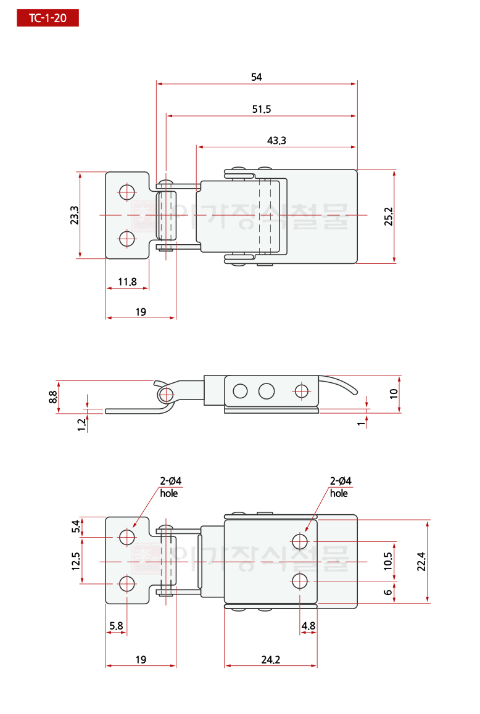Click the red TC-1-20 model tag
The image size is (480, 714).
click(x=48, y=18)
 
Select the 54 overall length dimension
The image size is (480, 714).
click(x=257, y=77)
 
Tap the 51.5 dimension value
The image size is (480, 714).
click(x=262, y=109)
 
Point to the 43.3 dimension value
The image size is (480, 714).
click(x=276, y=141)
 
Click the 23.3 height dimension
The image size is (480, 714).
click(x=74, y=216)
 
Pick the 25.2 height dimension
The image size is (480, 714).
click(x=389, y=216)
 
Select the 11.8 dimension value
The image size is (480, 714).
click(x=127, y=282)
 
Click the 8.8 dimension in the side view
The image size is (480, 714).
click(x=54, y=396)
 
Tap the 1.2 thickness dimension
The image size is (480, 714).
click(x=81, y=424)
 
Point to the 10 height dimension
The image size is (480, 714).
click(x=395, y=394)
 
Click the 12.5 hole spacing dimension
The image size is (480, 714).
click(x=76, y=560)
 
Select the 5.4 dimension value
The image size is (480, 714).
click(x=76, y=527)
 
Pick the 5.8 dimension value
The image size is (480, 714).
click(x=116, y=626)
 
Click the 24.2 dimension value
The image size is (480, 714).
click(x=270, y=660)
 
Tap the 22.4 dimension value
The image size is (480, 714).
click(x=421, y=561)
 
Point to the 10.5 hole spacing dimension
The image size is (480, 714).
click(x=387, y=561)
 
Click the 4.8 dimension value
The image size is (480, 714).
click(x=308, y=626)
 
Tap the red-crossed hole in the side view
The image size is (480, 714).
click(x=301, y=390)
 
